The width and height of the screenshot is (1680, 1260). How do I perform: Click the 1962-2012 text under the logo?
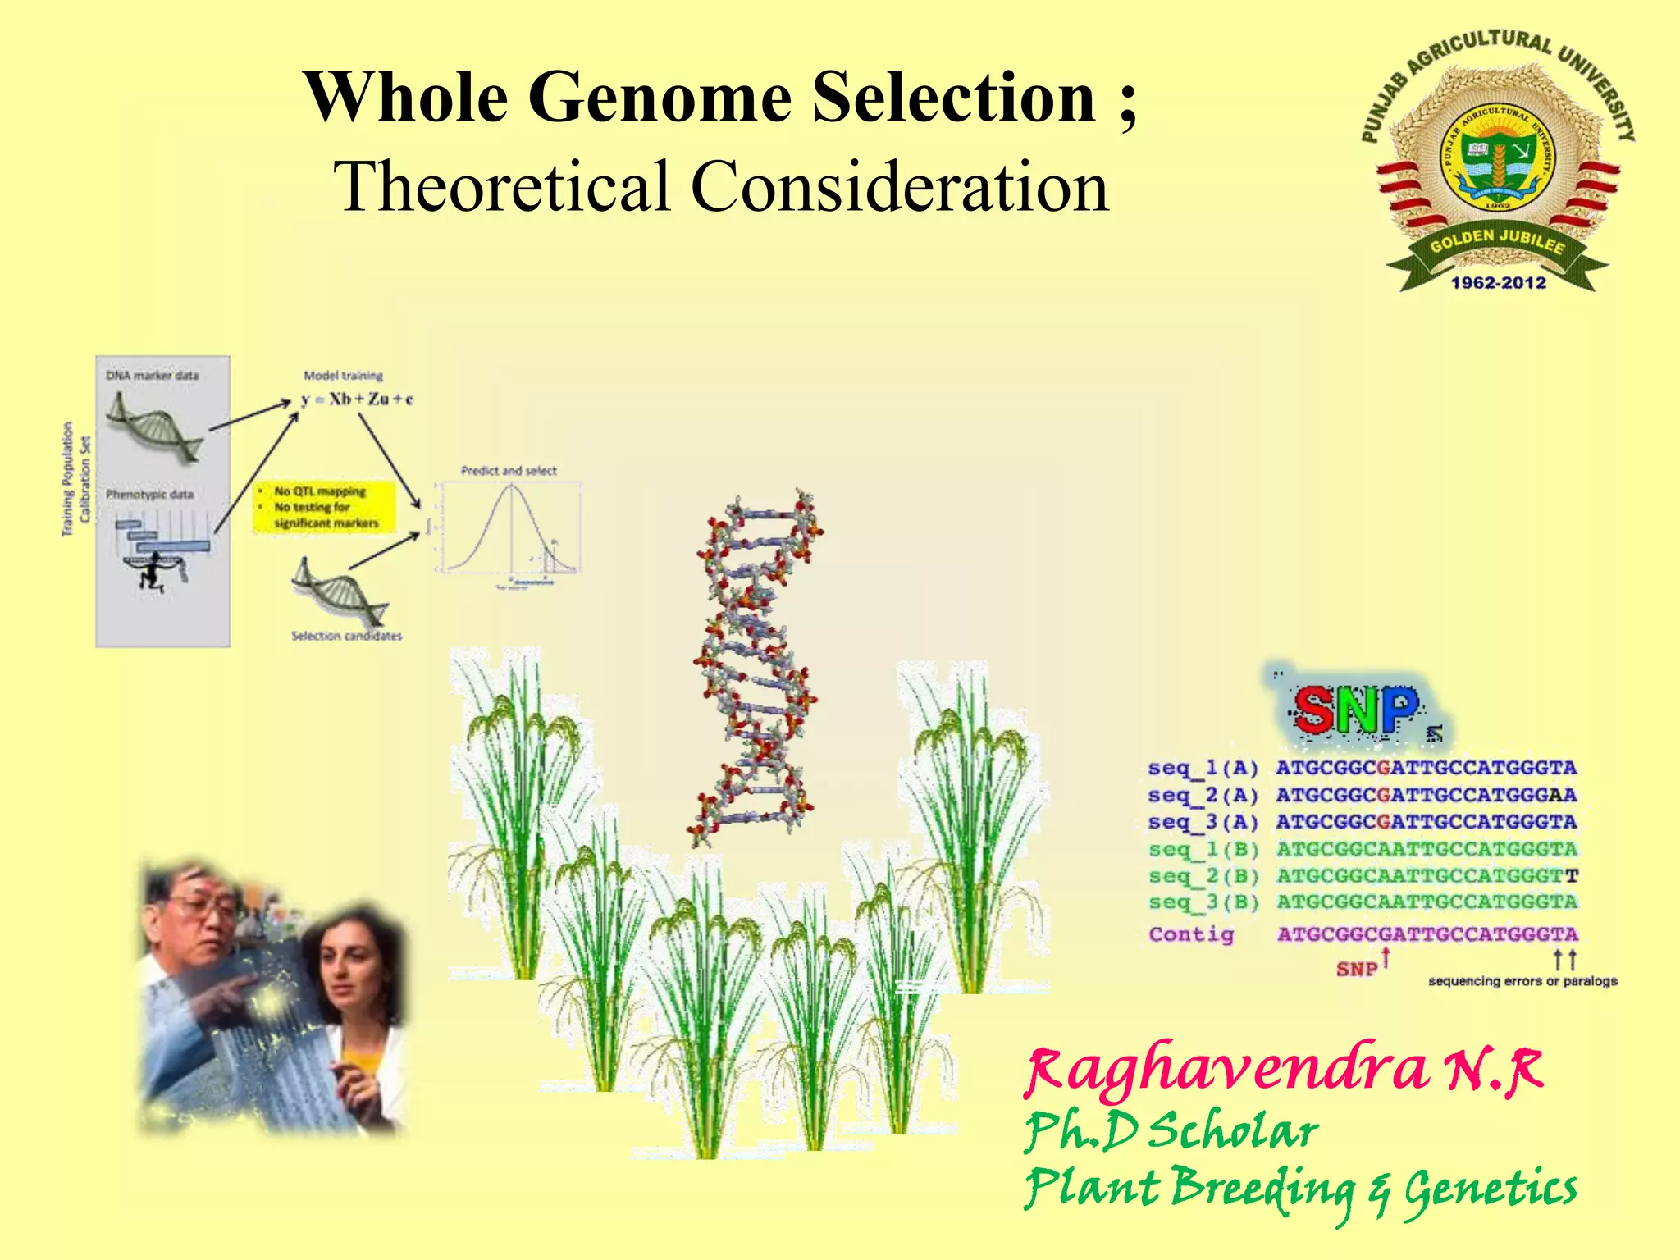click(1498, 283)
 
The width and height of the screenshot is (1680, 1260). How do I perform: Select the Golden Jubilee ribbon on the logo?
click(1497, 242)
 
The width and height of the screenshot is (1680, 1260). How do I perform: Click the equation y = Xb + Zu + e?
click(358, 399)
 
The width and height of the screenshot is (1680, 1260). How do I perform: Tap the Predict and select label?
click(509, 471)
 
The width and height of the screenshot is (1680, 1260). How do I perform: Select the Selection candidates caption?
click(346, 636)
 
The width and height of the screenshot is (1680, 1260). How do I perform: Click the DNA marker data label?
click(152, 376)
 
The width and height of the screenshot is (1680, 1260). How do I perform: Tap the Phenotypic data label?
click(149, 495)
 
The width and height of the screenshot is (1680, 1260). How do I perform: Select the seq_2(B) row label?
click(1203, 876)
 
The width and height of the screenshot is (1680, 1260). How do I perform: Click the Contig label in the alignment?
click(1191, 934)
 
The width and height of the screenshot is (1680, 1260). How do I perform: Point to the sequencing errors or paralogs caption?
click(1522, 981)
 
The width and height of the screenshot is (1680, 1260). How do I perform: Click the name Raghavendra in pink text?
click(1226, 1071)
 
